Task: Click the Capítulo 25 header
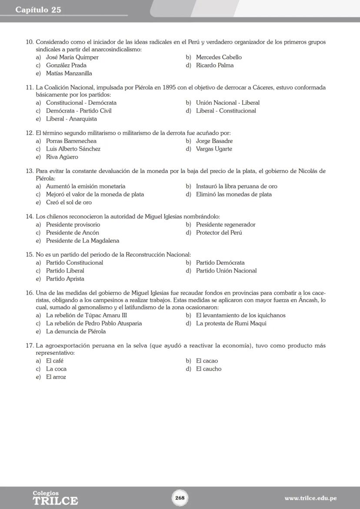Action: (38, 10)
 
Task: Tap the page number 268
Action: (180, 498)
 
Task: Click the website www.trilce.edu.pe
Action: (310, 498)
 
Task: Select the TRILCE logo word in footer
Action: (55, 501)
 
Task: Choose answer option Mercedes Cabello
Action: (219, 57)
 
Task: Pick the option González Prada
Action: (66, 65)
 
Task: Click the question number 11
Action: (30, 87)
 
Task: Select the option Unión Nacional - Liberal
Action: (227, 103)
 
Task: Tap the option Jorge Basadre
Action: (214, 141)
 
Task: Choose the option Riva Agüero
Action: (62, 157)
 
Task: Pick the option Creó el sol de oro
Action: (69, 203)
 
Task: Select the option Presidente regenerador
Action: (225, 225)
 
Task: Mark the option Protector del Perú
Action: (219, 233)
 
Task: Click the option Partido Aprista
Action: (65, 279)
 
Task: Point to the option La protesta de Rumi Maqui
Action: (231, 323)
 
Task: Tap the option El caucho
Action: (208, 369)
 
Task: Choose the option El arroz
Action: (56, 377)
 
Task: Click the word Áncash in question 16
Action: (308, 300)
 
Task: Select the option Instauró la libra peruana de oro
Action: (236, 186)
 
